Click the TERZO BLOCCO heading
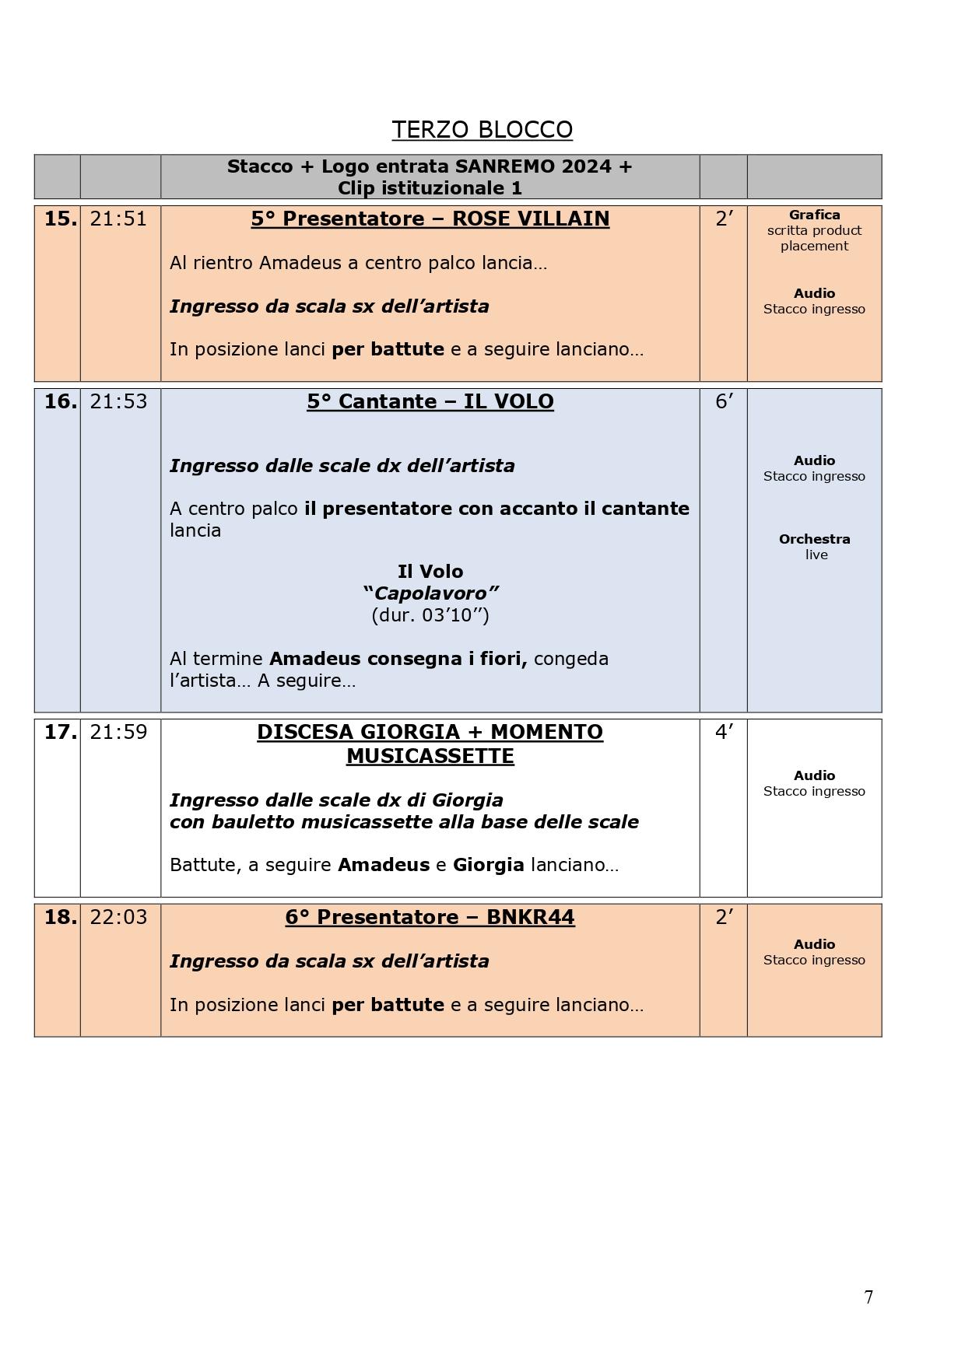point(482,130)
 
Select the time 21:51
point(118,219)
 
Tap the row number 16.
point(60,402)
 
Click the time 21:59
point(118,733)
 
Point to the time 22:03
point(118,918)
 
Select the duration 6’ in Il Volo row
point(724,402)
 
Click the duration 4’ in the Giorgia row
point(724,733)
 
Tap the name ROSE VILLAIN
point(531,219)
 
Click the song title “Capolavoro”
point(430,593)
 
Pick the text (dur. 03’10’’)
point(430,615)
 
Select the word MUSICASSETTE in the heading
point(430,756)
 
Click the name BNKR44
point(531,918)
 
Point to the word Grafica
point(814,215)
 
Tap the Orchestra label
point(814,539)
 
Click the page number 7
point(868,1297)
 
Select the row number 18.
point(60,918)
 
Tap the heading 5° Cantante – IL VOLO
point(430,402)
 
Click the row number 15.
point(60,219)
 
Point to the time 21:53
point(118,402)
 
